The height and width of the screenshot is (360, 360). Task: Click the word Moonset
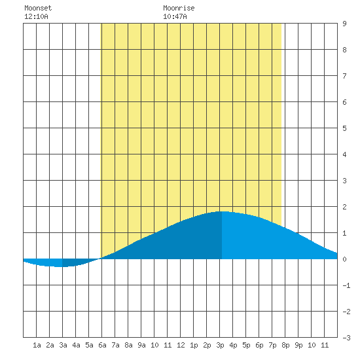tap(38, 8)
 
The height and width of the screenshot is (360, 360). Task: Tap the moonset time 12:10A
tap(36, 16)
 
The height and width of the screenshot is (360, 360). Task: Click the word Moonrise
tap(179, 8)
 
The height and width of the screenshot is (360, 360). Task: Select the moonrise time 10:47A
tap(175, 16)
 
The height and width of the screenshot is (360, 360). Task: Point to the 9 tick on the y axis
tap(344, 24)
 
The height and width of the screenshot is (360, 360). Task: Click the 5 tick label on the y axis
tap(344, 128)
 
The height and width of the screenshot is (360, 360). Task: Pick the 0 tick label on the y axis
tap(344, 259)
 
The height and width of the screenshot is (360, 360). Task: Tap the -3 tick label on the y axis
tap(346, 338)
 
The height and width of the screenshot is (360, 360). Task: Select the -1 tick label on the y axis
tap(346, 285)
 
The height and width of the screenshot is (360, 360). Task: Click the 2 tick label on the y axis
tap(344, 207)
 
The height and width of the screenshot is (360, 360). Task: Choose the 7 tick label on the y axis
tap(344, 76)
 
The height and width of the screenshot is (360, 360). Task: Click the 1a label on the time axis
tap(37, 345)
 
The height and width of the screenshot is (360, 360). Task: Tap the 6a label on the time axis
tap(102, 345)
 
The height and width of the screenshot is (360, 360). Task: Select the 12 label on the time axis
tap(181, 345)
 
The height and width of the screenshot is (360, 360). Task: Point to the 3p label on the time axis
tap(220, 345)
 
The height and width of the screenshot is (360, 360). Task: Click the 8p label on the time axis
tap(285, 345)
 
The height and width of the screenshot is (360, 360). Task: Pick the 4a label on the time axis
tap(76, 345)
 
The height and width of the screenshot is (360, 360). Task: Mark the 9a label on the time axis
tap(141, 345)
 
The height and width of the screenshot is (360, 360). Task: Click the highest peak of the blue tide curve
tap(222, 211)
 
